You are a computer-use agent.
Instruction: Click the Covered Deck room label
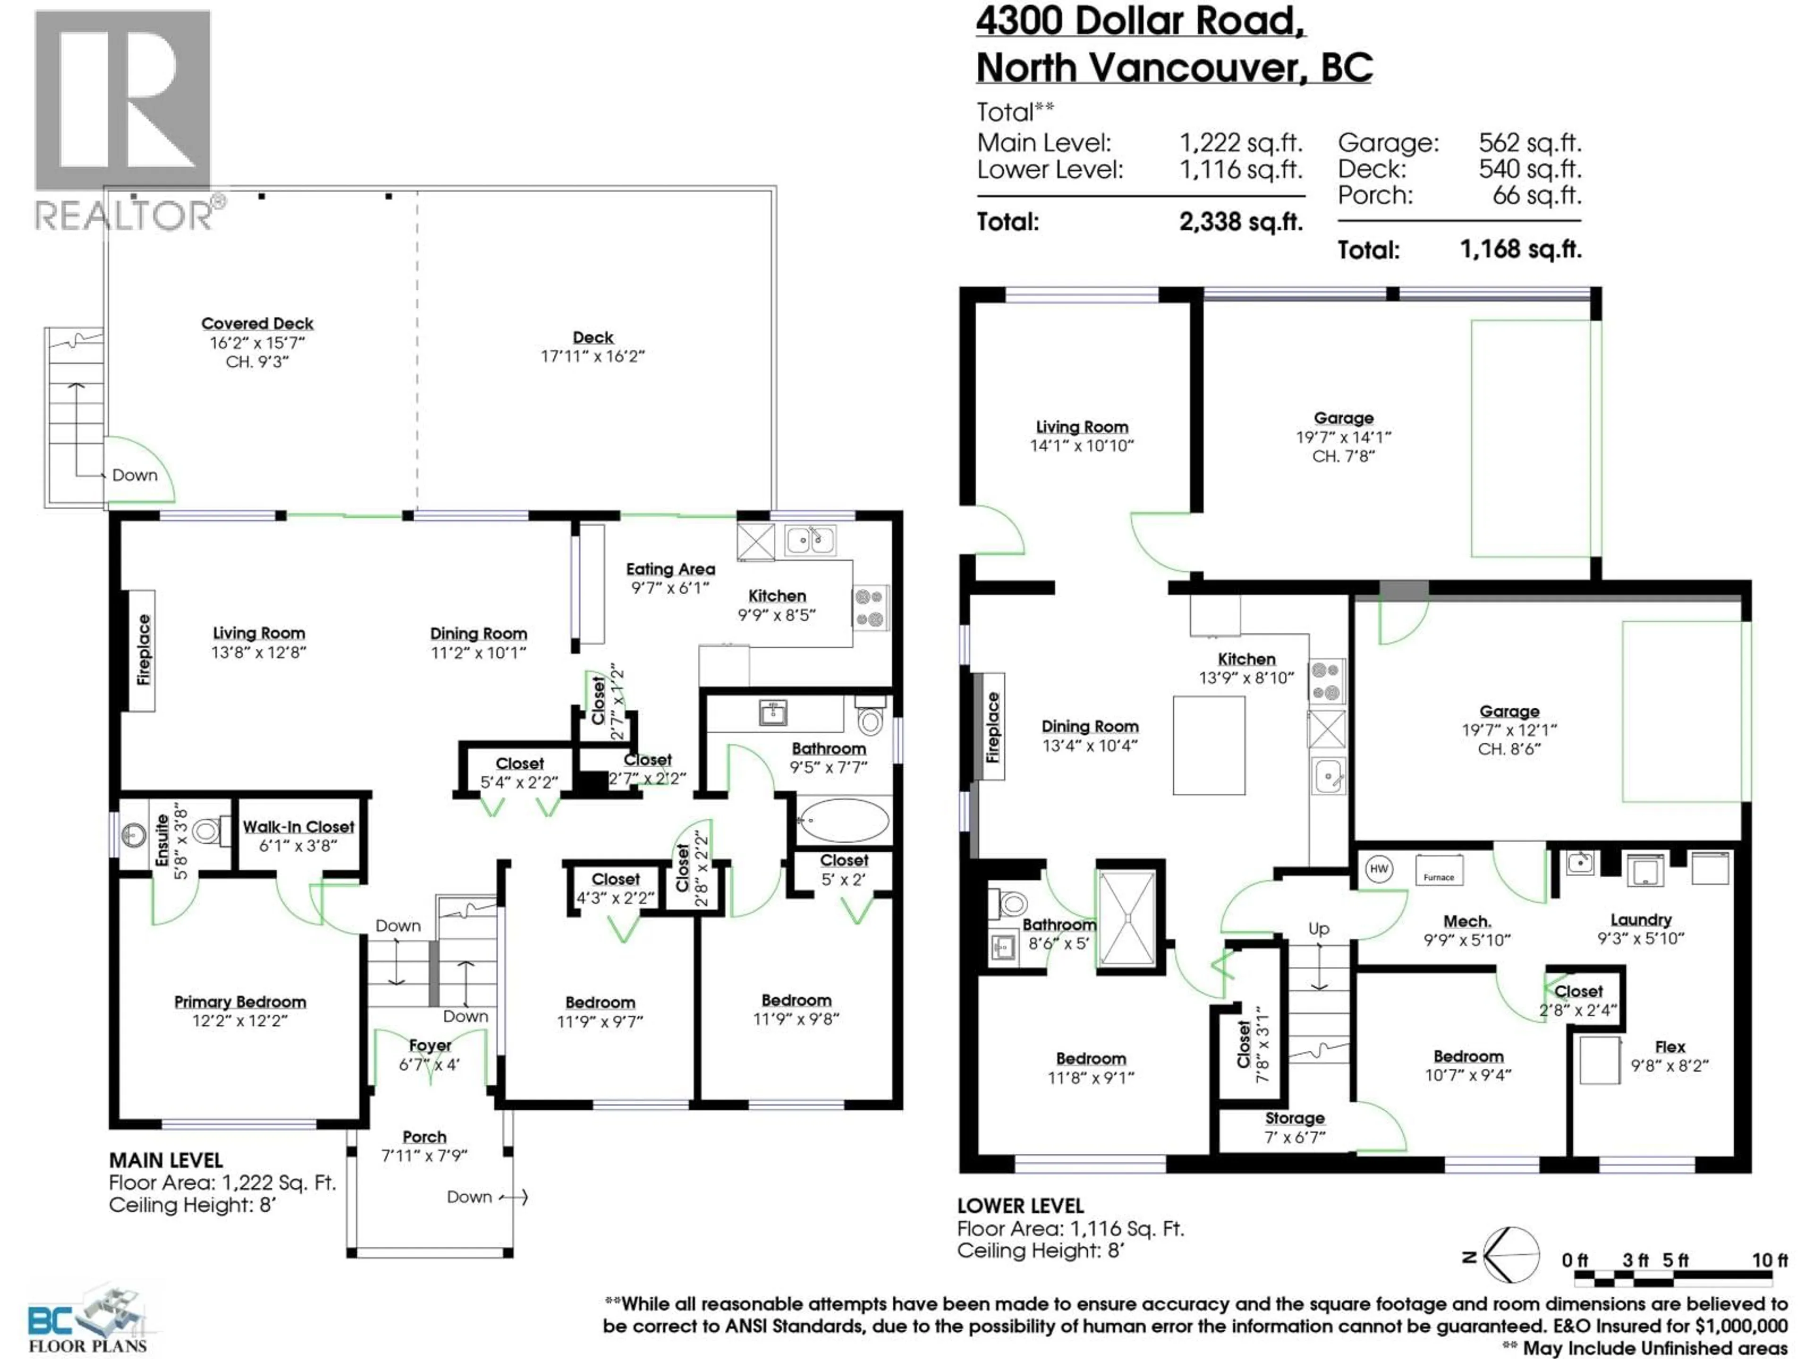point(257,324)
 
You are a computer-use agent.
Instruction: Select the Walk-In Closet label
point(298,827)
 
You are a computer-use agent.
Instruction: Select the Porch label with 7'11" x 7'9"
point(424,1137)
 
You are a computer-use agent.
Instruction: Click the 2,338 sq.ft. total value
point(1240,222)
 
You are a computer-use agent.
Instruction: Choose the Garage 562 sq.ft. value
point(1529,143)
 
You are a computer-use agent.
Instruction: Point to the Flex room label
point(1669,1047)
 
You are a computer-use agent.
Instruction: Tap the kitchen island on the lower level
point(1209,746)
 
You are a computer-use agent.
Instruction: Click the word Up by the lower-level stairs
point(1318,928)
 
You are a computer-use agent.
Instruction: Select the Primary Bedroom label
point(239,1002)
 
